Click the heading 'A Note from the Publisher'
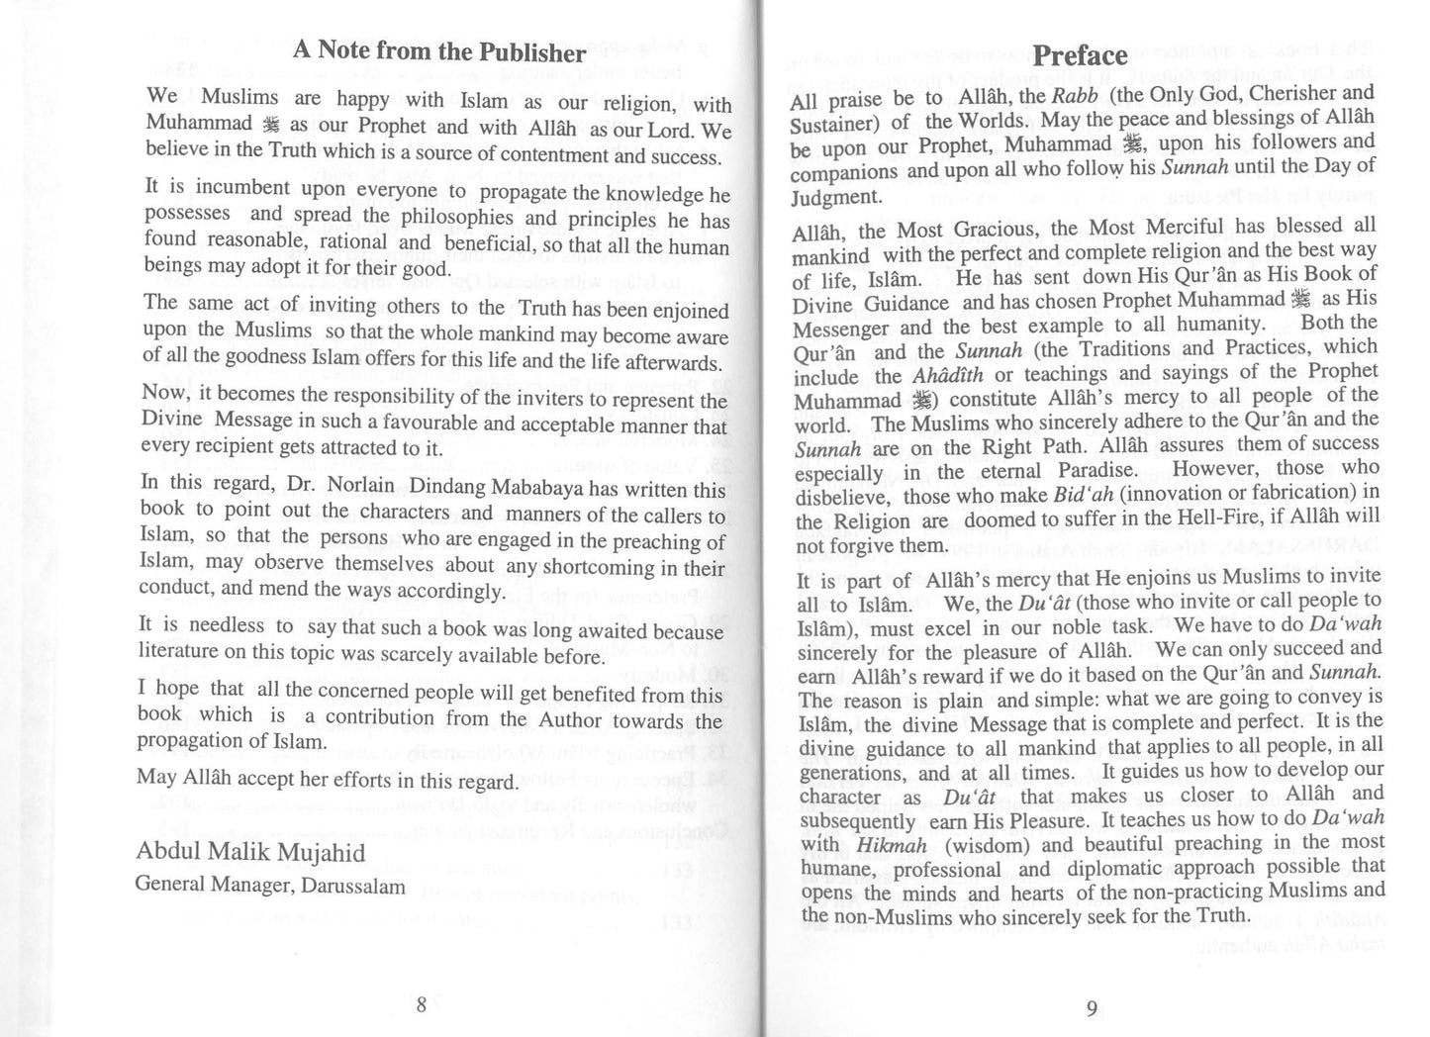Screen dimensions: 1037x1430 pos(439,51)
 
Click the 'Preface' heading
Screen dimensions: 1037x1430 pos(1079,55)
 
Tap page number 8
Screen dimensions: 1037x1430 pos(422,1005)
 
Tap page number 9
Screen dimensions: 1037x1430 pos(1092,1009)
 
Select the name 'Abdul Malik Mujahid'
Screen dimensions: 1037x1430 pos(249,853)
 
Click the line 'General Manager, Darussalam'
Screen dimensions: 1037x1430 pos(269,886)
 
